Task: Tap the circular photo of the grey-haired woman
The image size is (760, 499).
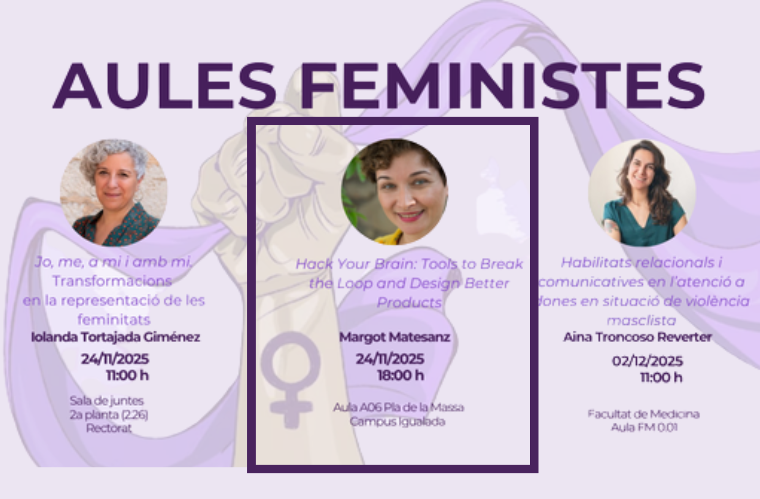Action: [x=114, y=192]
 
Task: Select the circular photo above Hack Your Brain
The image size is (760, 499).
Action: [x=394, y=192]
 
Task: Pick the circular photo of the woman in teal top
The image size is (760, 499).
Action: [x=642, y=192]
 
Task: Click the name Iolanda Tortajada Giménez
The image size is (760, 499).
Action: [x=116, y=337]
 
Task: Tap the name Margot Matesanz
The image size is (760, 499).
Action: [x=395, y=337]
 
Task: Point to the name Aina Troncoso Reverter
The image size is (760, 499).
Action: [x=637, y=337]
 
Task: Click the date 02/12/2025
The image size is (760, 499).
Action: [x=647, y=361]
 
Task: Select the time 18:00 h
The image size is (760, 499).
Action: [x=401, y=376]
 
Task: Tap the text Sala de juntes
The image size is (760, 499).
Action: [x=107, y=401]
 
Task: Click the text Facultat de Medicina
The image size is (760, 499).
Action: [x=643, y=414]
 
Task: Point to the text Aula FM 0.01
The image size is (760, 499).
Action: [x=644, y=428]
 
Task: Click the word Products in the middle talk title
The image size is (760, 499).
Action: [x=409, y=303]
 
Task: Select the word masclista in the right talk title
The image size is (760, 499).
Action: [x=641, y=321]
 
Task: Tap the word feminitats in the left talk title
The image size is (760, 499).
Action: [x=114, y=320]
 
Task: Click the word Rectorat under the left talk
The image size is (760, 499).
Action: [x=109, y=428]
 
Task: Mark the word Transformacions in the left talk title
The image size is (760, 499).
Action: [x=112, y=281]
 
